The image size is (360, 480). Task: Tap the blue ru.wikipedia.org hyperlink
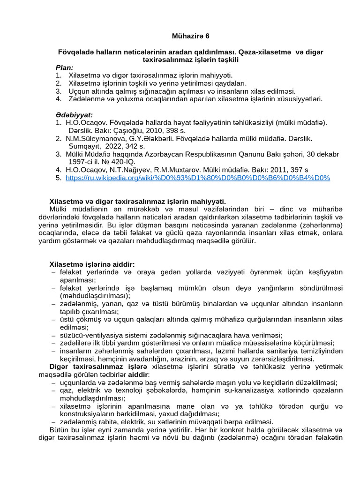[198, 178]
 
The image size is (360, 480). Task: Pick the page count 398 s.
[177, 131]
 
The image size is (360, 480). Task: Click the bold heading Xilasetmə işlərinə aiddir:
[92, 264]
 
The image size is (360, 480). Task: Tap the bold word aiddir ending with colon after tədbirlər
[139, 375]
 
